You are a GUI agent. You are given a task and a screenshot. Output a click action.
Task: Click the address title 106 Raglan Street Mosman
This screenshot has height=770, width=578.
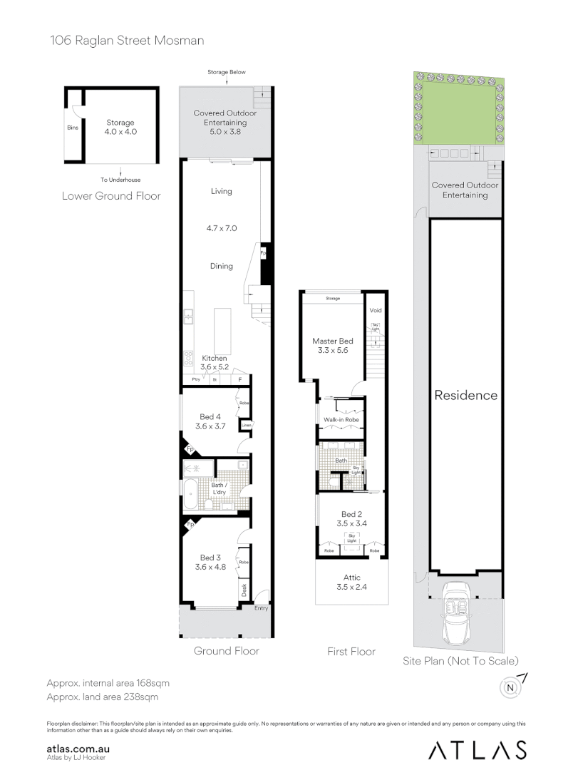coord(127,41)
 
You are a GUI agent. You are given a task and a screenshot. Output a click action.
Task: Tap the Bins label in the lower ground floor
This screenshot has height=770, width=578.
coord(73,128)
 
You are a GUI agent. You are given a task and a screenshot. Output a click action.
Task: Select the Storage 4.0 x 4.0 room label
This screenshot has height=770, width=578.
coord(120,127)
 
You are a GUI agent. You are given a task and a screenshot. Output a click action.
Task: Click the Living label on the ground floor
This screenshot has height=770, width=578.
coord(222,191)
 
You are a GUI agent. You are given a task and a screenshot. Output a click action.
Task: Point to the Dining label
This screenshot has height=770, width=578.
coord(222,266)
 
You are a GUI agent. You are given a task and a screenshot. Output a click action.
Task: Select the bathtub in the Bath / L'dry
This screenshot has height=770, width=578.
coord(192,496)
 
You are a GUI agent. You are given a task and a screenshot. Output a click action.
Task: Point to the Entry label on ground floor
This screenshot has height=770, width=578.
coord(261,608)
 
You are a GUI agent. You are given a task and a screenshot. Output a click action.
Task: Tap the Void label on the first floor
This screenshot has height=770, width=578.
coord(376,311)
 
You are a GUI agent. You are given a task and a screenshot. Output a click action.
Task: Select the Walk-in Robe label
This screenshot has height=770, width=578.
coord(341,420)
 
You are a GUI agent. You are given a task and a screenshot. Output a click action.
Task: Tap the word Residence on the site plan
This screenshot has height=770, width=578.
coord(465,395)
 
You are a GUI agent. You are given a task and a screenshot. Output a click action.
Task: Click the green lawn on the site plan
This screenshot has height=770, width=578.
coord(456,111)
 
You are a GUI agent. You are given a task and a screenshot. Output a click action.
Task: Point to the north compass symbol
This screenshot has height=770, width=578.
coord(510,687)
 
